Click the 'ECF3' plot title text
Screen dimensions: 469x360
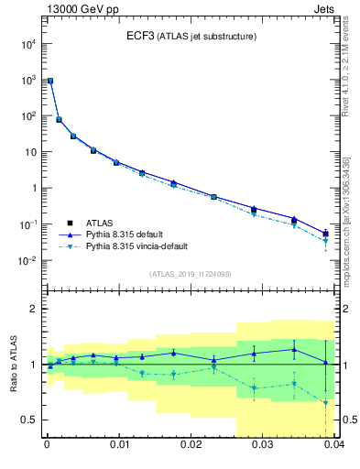140,36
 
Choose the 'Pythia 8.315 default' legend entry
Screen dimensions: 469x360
131,234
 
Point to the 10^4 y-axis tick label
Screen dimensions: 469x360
28,44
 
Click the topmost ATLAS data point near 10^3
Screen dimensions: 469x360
49,82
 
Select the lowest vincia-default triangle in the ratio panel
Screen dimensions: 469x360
326,402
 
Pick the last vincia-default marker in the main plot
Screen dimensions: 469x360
326,241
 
